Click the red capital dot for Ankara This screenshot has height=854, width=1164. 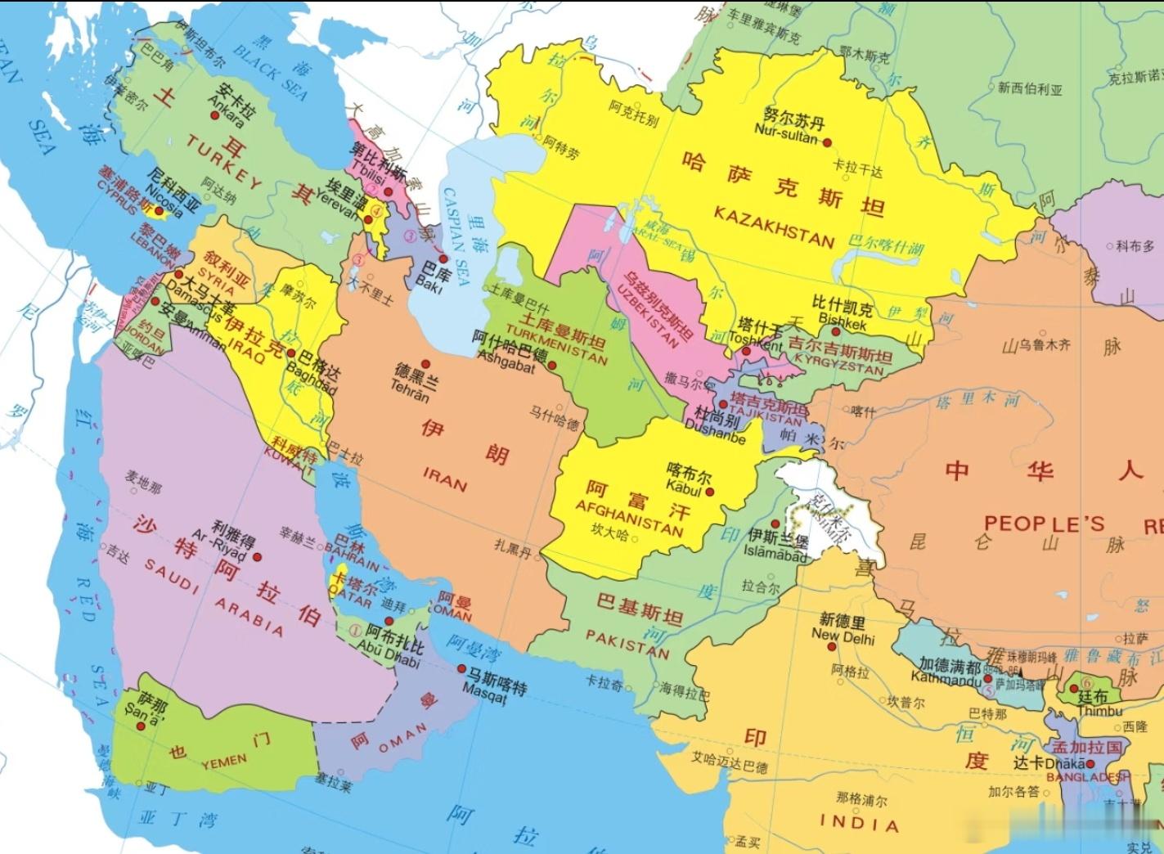[x=215, y=115]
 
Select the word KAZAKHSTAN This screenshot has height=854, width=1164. [x=773, y=226]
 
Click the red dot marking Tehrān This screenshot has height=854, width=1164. [x=425, y=364]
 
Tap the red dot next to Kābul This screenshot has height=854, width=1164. [x=710, y=492]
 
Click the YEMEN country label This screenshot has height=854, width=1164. [x=223, y=762]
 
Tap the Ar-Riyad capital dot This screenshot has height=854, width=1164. [x=257, y=557]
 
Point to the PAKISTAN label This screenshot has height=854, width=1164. [x=627, y=643]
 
